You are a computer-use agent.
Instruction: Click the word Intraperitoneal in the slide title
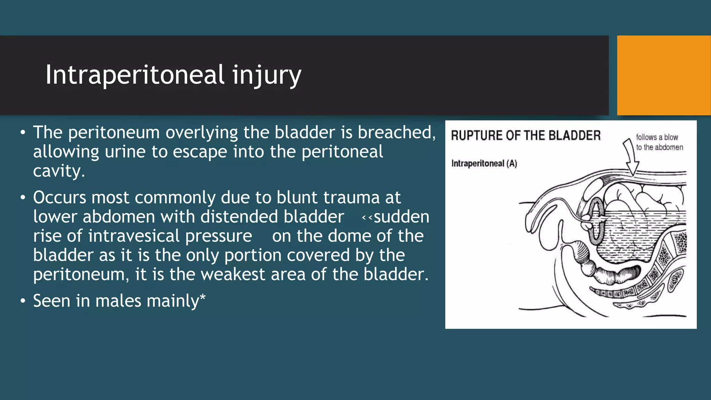(135, 75)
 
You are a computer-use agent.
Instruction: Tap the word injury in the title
(267, 76)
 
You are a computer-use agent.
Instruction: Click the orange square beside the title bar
(663, 75)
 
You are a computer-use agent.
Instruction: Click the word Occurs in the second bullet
(59, 198)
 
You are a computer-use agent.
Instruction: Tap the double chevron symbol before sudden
(367, 218)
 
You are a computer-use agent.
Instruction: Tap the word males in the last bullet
(118, 301)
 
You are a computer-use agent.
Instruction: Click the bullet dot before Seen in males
(23, 301)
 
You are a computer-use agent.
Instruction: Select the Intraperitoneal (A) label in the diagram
(484, 163)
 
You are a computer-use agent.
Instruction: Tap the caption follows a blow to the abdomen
(659, 142)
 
